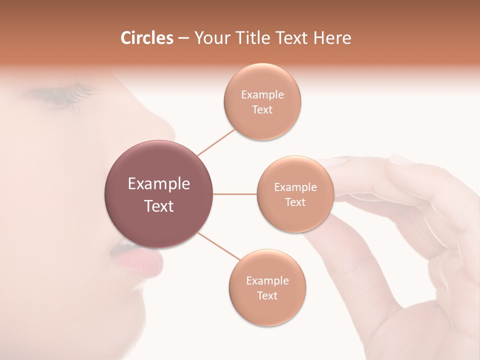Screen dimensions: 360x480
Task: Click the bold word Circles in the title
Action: point(146,38)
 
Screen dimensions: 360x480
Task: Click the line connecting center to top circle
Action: point(216,141)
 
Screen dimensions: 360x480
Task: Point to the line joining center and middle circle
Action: point(235,194)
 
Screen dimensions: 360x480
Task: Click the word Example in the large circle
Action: point(159,184)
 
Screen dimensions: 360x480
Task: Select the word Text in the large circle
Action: point(159,206)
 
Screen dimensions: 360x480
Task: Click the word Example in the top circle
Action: point(262,95)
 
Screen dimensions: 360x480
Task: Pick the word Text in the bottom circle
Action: point(267,295)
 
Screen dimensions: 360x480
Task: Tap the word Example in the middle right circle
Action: point(295,187)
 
